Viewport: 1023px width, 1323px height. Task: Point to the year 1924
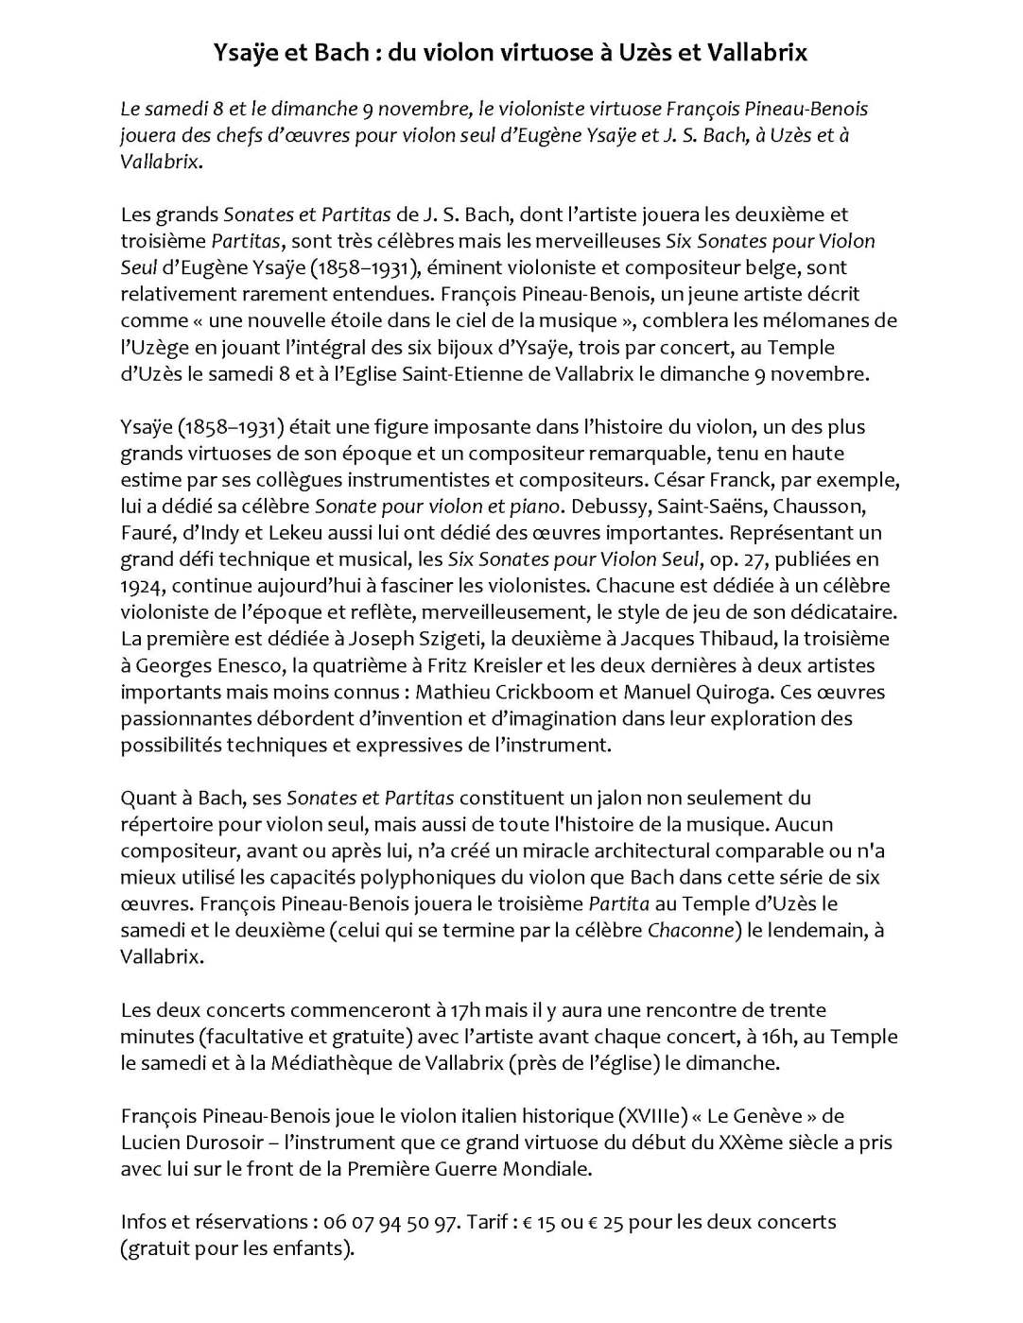coord(142,585)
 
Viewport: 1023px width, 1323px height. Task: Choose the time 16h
coord(778,1036)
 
